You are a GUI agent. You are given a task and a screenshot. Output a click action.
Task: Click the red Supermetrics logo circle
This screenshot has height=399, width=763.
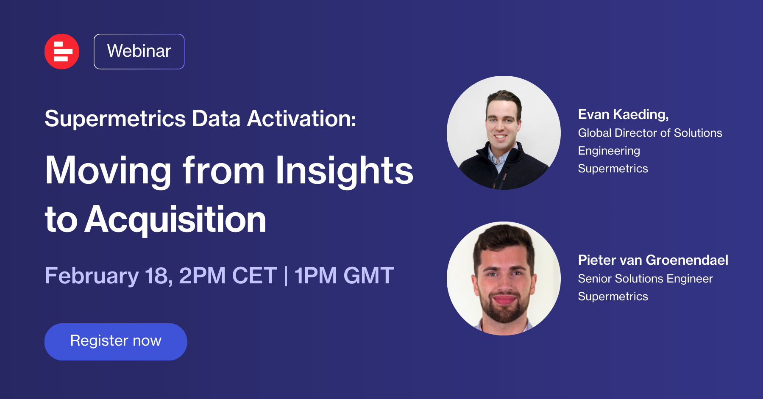[x=62, y=51]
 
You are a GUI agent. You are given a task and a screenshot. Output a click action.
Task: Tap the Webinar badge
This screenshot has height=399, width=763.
[x=139, y=51]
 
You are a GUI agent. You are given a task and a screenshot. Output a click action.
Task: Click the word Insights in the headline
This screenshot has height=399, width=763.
[x=344, y=171]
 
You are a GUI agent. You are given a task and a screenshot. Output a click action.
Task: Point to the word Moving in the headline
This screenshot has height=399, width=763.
[x=109, y=171]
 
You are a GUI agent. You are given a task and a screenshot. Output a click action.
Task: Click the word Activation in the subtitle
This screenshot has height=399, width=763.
[x=301, y=119]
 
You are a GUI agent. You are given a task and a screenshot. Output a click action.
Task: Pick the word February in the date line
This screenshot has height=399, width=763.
[x=92, y=276]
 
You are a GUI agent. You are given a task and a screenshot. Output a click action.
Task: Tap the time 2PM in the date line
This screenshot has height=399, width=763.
[x=202, y=275]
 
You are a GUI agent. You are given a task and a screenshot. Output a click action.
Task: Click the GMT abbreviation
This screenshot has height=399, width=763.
[x=368, y=275]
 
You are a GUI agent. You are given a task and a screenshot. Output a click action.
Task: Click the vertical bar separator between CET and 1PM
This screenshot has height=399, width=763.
[x=286, y=276]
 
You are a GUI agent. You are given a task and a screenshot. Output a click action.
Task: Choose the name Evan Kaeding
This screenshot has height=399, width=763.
[x=624, y=115]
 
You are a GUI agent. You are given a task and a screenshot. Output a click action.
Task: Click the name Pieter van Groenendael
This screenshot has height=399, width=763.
[x=653, y=260]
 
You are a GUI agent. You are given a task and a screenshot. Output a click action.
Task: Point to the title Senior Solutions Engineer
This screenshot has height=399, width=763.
[x=646, y=279]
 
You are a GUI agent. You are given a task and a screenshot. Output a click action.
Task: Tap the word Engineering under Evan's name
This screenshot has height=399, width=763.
[x=609, y=151]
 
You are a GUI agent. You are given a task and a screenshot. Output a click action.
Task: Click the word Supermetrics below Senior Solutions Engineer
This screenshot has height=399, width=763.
[x=613, y=296]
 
